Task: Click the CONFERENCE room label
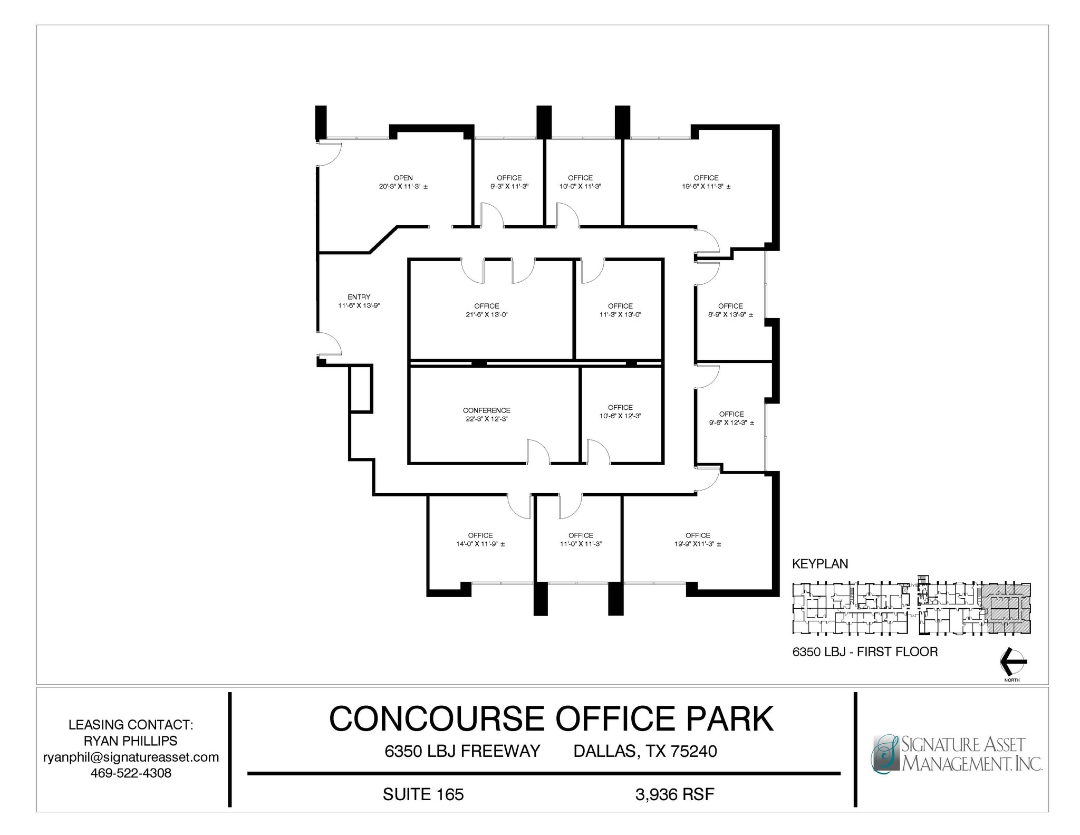point(486,410)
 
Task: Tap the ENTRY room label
point(359,297)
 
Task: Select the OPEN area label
point(403,178)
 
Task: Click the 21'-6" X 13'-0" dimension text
point(486,314)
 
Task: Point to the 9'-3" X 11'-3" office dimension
point(509,186)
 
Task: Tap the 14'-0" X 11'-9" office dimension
point(480,544)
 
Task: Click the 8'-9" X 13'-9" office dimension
point(730,314)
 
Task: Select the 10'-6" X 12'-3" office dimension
point(620,416)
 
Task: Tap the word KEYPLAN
point(819,564)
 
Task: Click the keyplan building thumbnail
point(911,608)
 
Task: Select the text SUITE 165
point(423,794)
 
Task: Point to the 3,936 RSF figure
point(674,794)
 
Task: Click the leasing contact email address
point(131,757)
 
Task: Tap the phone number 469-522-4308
point(131,773)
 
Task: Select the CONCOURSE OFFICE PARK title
point(551,718)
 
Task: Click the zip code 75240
point(693,751)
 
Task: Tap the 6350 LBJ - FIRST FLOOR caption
point(865,652)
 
